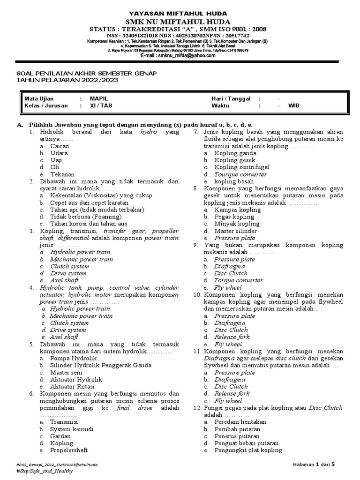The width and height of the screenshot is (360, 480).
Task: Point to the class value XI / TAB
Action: (x=101, y=105)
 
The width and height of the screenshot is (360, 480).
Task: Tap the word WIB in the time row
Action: (x=294, y=105)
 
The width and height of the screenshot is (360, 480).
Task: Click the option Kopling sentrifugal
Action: (x=241, y=167)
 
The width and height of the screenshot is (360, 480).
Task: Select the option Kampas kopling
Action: (x=237, y=210)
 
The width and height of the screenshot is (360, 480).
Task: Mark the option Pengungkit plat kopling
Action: (x=248, y=450)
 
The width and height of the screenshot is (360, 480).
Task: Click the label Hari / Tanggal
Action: (x=231, y=98)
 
